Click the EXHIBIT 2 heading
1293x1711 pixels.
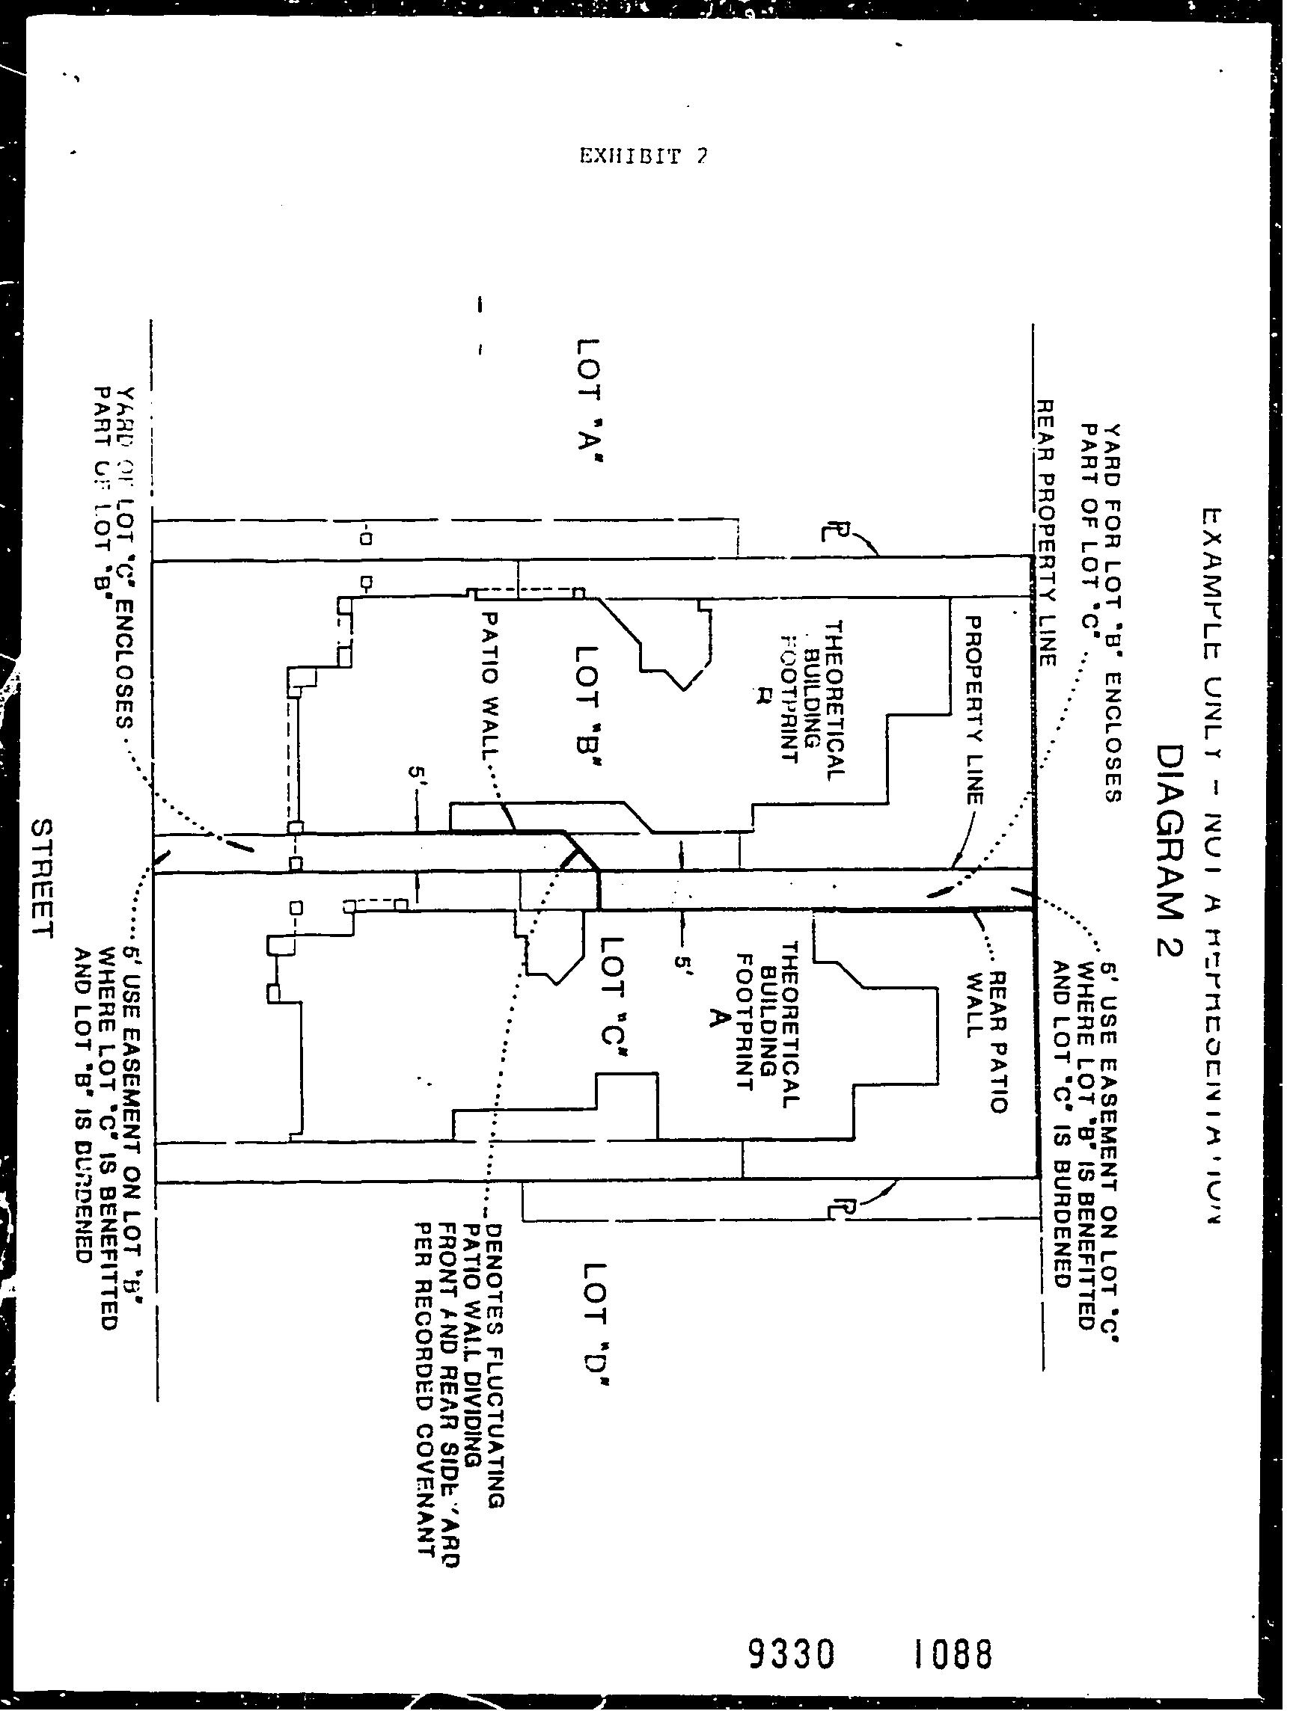pyautogui.click(x=643, y=157)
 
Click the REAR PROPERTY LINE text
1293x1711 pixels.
pyautogui.click(x=1046, y=533)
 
